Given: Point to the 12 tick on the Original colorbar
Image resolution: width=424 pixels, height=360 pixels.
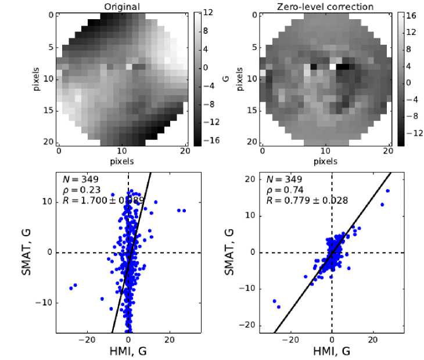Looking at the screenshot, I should tap(206, 12).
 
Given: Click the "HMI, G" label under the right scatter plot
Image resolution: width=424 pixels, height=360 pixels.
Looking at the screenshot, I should tap(331, 351).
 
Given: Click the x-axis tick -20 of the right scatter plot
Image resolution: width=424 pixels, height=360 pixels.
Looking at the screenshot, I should tap(289, 339).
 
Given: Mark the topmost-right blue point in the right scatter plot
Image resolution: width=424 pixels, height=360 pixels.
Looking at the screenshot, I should tap(387, 190).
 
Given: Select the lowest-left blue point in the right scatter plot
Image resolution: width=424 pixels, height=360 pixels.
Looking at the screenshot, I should tap(279, 307).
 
